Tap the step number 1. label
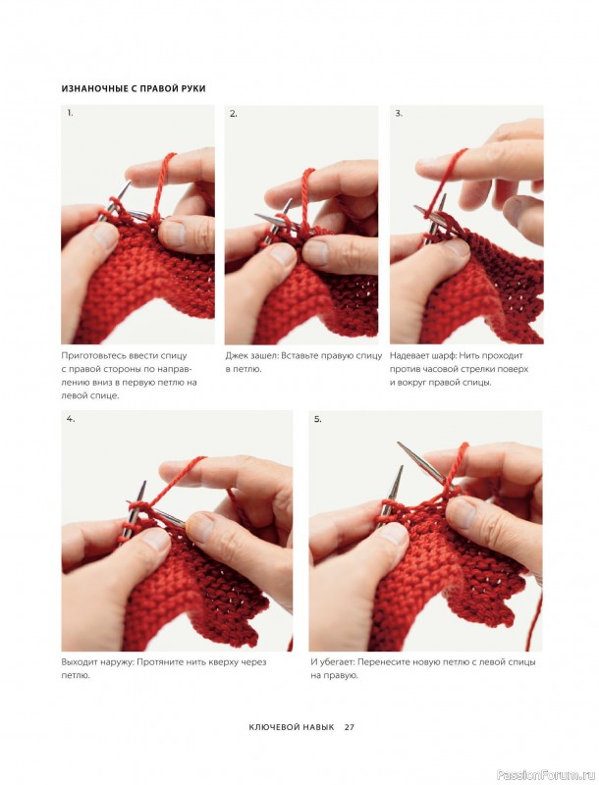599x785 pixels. tap(70, 113)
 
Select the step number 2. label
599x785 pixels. tap(234, 114)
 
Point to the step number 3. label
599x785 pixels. tap(399, 113)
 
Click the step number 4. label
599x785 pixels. tap(71, 419)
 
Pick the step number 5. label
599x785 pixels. tap(317, 419)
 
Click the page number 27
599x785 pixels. tap(349, 727)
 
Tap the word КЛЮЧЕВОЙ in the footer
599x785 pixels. tap(270, 727)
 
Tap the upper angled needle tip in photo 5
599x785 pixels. tap(398, 444)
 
